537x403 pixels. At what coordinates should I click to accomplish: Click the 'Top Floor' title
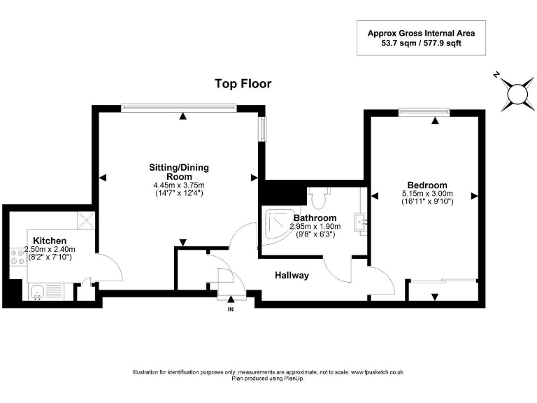(x=243, y=84)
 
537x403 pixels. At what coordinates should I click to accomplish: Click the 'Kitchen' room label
(x=50, y=241)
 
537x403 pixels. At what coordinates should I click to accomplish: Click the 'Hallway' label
(x=292, y=276)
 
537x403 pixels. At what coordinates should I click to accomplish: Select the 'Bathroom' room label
(x=315, y=218)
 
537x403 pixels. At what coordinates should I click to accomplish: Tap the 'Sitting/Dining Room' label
(x=179, y=172)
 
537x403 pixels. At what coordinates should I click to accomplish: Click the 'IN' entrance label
(x=231, y=309)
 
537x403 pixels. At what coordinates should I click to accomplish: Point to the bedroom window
(x=424, y=111)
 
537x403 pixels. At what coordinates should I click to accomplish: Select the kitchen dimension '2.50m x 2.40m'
(x=50, y=249)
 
